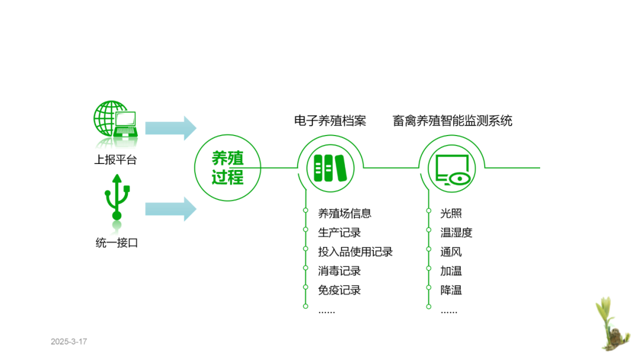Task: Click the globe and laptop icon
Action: point(115,120)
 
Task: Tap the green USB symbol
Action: point(117,197)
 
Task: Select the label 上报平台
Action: point(115,160)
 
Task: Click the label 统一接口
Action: point(117,243)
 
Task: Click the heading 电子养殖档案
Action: point(330,121)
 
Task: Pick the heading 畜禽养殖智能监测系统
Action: point(452,121)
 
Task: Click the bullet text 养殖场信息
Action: point(345,214)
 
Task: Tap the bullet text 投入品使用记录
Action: point(356,252)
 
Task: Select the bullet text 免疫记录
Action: point(340,290)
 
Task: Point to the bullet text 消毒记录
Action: point(340,271)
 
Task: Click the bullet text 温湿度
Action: point(456,233)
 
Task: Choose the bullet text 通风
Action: point(451,252)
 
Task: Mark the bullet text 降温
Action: point(451,290)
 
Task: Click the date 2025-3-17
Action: point(69,342)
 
